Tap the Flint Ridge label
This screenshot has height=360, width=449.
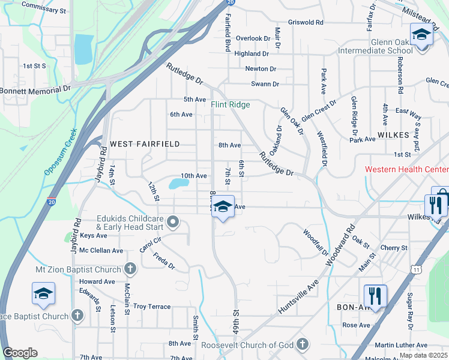230,104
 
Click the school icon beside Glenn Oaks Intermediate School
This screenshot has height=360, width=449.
421,35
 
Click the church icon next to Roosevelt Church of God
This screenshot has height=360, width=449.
303,344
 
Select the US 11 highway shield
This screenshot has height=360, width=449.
416,270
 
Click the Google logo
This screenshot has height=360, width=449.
20,353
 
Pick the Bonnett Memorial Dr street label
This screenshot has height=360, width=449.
35,89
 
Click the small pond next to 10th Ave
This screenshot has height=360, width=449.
178,184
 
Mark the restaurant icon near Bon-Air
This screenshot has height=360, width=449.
375,296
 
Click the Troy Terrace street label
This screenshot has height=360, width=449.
152,307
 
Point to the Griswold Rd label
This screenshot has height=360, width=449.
305,22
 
